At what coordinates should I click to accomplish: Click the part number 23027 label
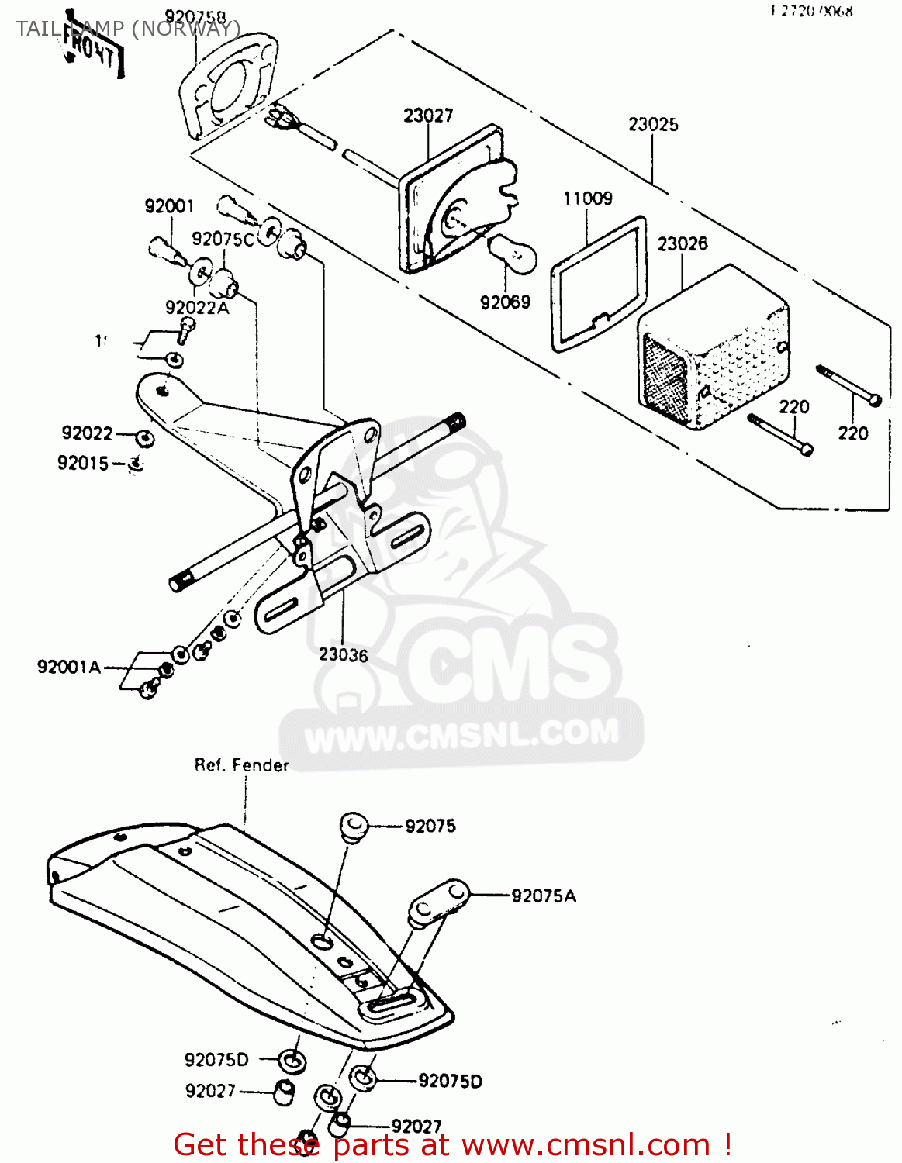point(427,116)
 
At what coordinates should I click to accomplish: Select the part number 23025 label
point(652,124)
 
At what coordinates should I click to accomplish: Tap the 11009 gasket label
point(587,198)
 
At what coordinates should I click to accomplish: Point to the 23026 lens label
point(682,243)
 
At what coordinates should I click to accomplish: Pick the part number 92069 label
point(505,302)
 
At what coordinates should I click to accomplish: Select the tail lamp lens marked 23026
point(714,349)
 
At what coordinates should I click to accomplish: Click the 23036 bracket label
point(343,655)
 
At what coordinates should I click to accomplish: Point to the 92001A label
point(68,667)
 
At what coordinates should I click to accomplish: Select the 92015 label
point(83,463)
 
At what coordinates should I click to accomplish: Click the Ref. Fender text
point(241,765)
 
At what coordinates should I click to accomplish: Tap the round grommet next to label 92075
point(354,826)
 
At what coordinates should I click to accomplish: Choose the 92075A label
point(543,896)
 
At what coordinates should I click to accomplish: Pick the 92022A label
point(197,308)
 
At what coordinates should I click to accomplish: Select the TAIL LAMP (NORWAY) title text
point(128,29)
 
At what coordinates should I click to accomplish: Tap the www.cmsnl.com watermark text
point(462,733)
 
